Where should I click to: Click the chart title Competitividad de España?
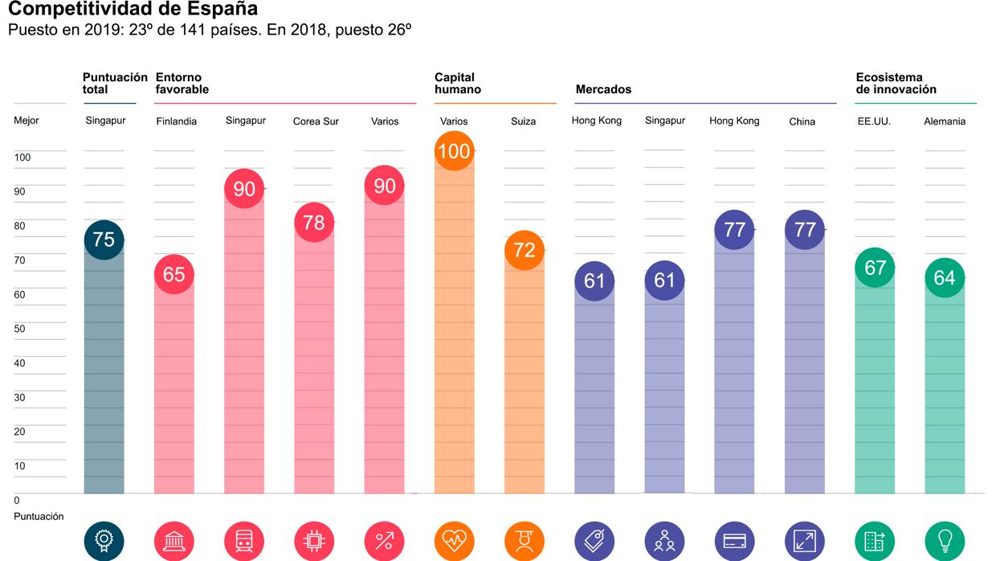click(133, 10)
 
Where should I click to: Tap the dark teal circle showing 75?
click(104, 240)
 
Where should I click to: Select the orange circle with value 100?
click(454, 150)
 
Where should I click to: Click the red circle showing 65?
click(173, 274)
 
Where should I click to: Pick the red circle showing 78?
click(314, 222)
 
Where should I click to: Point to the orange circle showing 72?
click(524, 250)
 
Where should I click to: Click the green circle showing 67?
click(875, 267)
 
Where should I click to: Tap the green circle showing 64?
click(945, 278)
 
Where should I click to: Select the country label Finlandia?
click(176, 122)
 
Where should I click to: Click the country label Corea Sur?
click(316, 122)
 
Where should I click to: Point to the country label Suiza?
click(523, 122)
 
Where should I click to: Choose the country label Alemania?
click(945, 122)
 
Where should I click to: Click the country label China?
click(802, 122)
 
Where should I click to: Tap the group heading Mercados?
click(603, 89)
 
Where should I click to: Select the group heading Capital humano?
click(458, 84)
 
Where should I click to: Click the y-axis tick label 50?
click(20, 329)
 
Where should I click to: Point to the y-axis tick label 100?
click(22, 158)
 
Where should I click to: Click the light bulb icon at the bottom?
click(945, 541)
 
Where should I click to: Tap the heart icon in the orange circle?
click(454, 541)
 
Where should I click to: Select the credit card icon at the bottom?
click(734, 541)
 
